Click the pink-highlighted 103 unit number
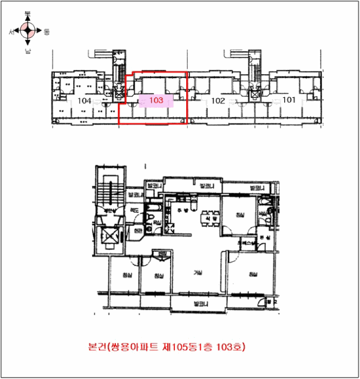point(156,100)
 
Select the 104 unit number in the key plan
point(84,101)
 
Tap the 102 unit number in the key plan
point(218,101)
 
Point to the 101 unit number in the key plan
point(289,100)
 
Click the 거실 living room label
point(198,273)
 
